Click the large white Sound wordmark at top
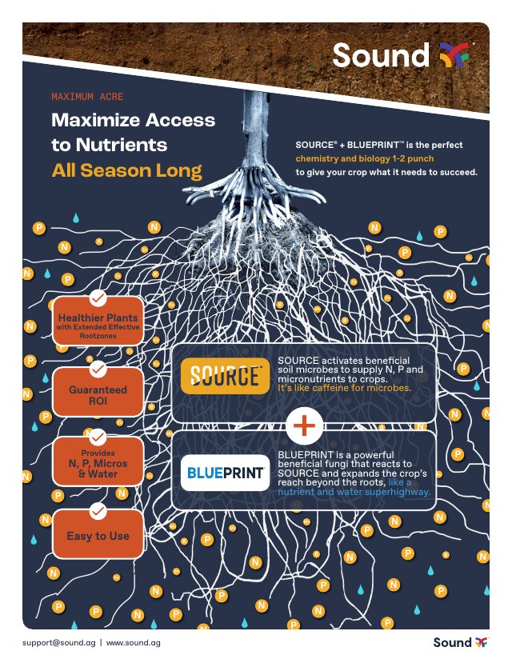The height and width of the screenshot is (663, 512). click(381, 55)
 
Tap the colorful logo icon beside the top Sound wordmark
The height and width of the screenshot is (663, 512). click(454, 55)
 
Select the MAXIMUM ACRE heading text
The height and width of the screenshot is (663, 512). click(87, 97)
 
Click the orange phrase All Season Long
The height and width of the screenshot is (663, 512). click(127, 170)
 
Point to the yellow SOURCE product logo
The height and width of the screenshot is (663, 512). click(225, 376)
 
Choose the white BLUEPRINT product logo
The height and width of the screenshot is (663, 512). click(225, 473)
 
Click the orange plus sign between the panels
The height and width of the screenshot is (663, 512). click(305, 425)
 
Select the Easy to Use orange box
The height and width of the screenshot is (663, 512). click(98, 534)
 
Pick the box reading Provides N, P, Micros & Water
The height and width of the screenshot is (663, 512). click(98, 461)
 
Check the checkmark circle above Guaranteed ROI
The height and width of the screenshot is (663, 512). click(98, 369)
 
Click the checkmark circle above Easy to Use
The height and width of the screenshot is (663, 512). click(98, 511)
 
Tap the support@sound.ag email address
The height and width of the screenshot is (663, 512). click(58, 643)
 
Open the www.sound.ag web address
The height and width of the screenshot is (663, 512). click(133, 643)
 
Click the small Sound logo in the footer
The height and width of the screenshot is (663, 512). click(461, 643)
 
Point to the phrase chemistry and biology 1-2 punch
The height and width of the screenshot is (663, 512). click(365, 158)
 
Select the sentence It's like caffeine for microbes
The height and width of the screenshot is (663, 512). click(344, 388)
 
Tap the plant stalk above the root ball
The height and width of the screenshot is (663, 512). click(256, 127)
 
